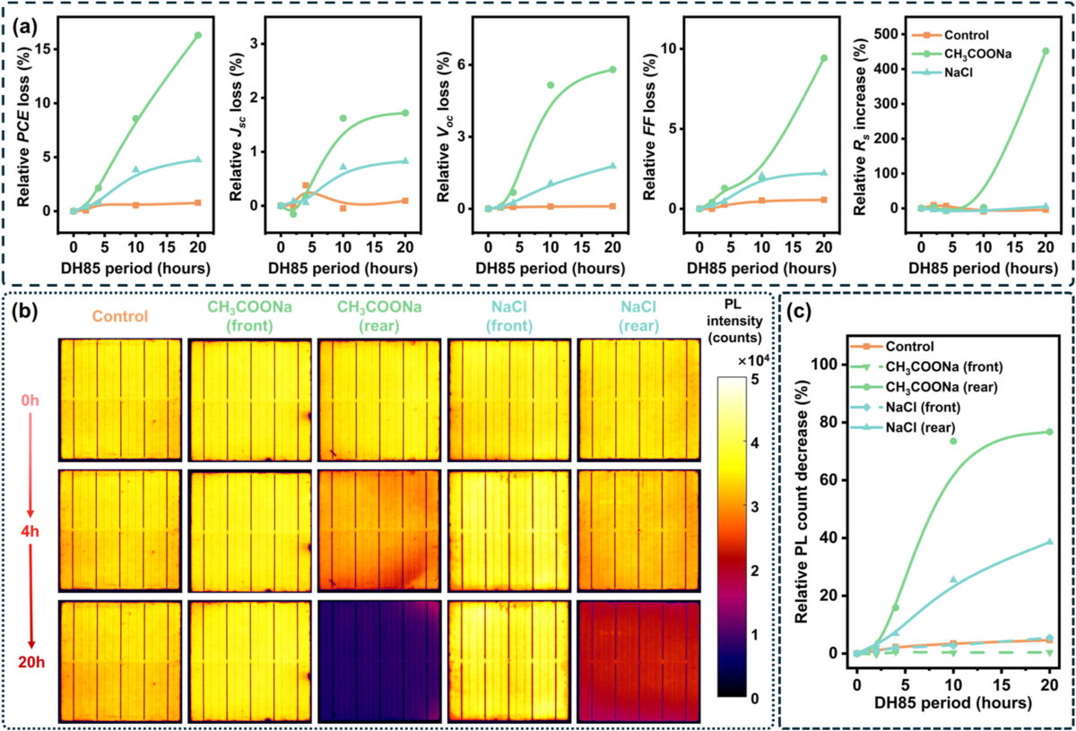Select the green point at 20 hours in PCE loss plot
pyautogui.click(x=197, y=35)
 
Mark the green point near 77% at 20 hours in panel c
pyautogui.click(x=1049, y=432)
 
